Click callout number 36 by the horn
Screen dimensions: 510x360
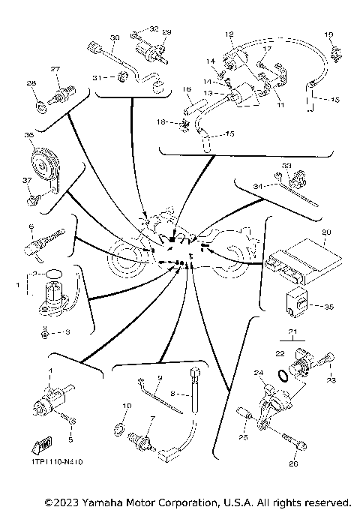[29, 135]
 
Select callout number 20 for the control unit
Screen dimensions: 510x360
[324, 232]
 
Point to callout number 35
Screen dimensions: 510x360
[327, 306]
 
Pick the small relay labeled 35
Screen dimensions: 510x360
[295, 301]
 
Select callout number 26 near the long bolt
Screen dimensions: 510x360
[293, 465]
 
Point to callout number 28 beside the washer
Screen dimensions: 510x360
[31, 83]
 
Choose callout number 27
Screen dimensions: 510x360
[55, 69]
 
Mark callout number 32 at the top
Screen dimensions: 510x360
[154, 28]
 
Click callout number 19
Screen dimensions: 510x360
[328, 35]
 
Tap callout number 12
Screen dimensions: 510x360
[229, 34]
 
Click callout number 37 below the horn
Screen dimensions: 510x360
[28, 180]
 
